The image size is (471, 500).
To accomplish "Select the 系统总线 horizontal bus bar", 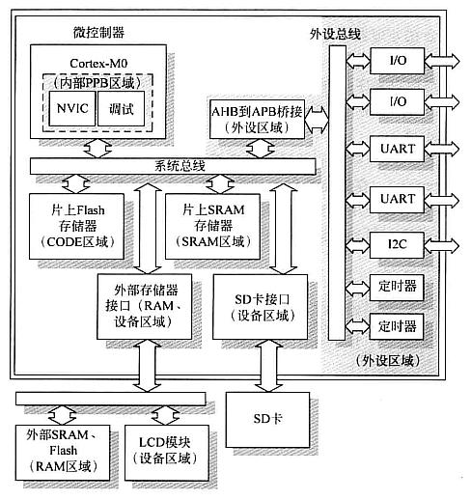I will (173, 166).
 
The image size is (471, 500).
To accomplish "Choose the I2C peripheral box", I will (397, 242).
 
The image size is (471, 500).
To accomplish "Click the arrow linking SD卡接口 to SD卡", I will (257, 365).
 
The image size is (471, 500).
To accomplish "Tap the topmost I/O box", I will (397, 61).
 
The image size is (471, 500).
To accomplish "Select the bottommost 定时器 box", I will (397, 325).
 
